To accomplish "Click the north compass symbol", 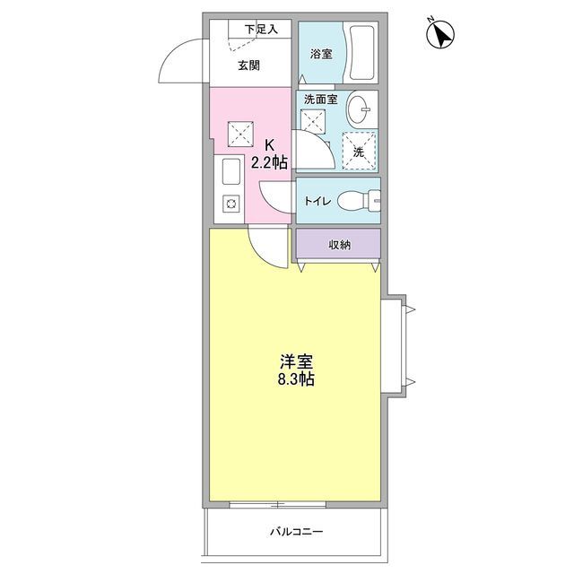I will tap(439, 34).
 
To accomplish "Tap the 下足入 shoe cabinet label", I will tap(261, 30).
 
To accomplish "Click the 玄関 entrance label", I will tap(249, 65).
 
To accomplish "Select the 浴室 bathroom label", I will tap(322, 54).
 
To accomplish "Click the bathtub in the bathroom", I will tap(363, 54).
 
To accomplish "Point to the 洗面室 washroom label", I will tap(320, 100).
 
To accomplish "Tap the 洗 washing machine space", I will tap(359, 151).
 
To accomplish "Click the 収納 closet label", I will tap(338, 244).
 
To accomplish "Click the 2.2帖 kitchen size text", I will tap(269, 162).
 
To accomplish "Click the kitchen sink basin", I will tap(229, 173).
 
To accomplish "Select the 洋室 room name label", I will tap(296, 362).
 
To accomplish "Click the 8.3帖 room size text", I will tap(296, 380).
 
